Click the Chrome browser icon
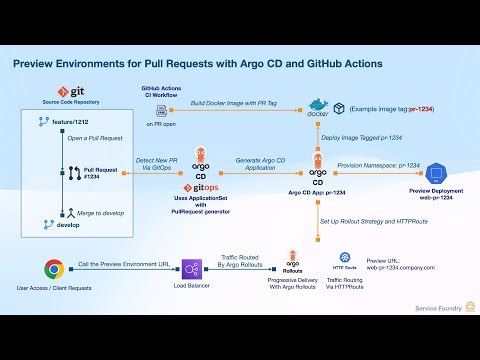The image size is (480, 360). click(54, 268)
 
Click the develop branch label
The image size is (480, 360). click(68, 225)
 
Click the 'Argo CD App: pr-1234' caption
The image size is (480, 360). click(316, 190)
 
